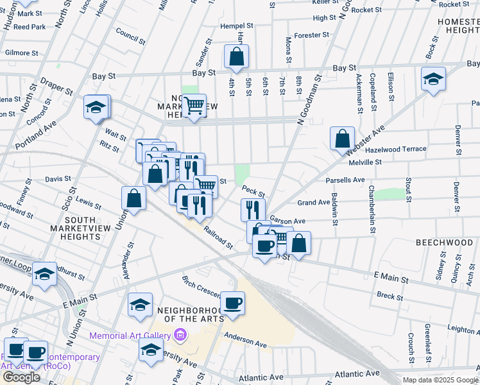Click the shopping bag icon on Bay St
tap(236, 56)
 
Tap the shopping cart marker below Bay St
tap(194, 106)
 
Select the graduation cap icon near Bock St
tap(433, 80)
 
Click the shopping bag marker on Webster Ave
tap(343, 139)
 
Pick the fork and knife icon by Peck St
tap(253, 209)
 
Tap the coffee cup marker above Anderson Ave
tap(232, 303)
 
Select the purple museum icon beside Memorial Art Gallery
tap(180, 335)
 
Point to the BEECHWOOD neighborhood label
tap(445, 243)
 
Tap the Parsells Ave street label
tap(345, 180)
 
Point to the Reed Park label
tap(30, 27)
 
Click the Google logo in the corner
tap(21, 377)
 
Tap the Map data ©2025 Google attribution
tap(440, 380)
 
